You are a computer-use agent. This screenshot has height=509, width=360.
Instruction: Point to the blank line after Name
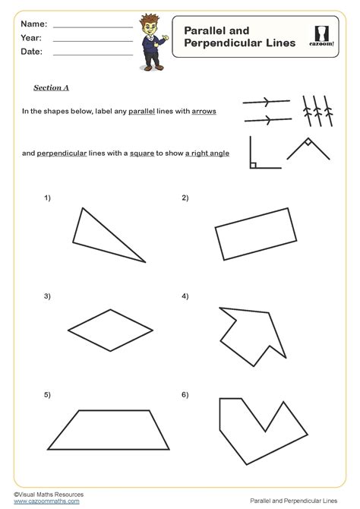tap(93, 27)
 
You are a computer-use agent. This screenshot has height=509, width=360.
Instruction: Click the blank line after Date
tap(93, 55)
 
